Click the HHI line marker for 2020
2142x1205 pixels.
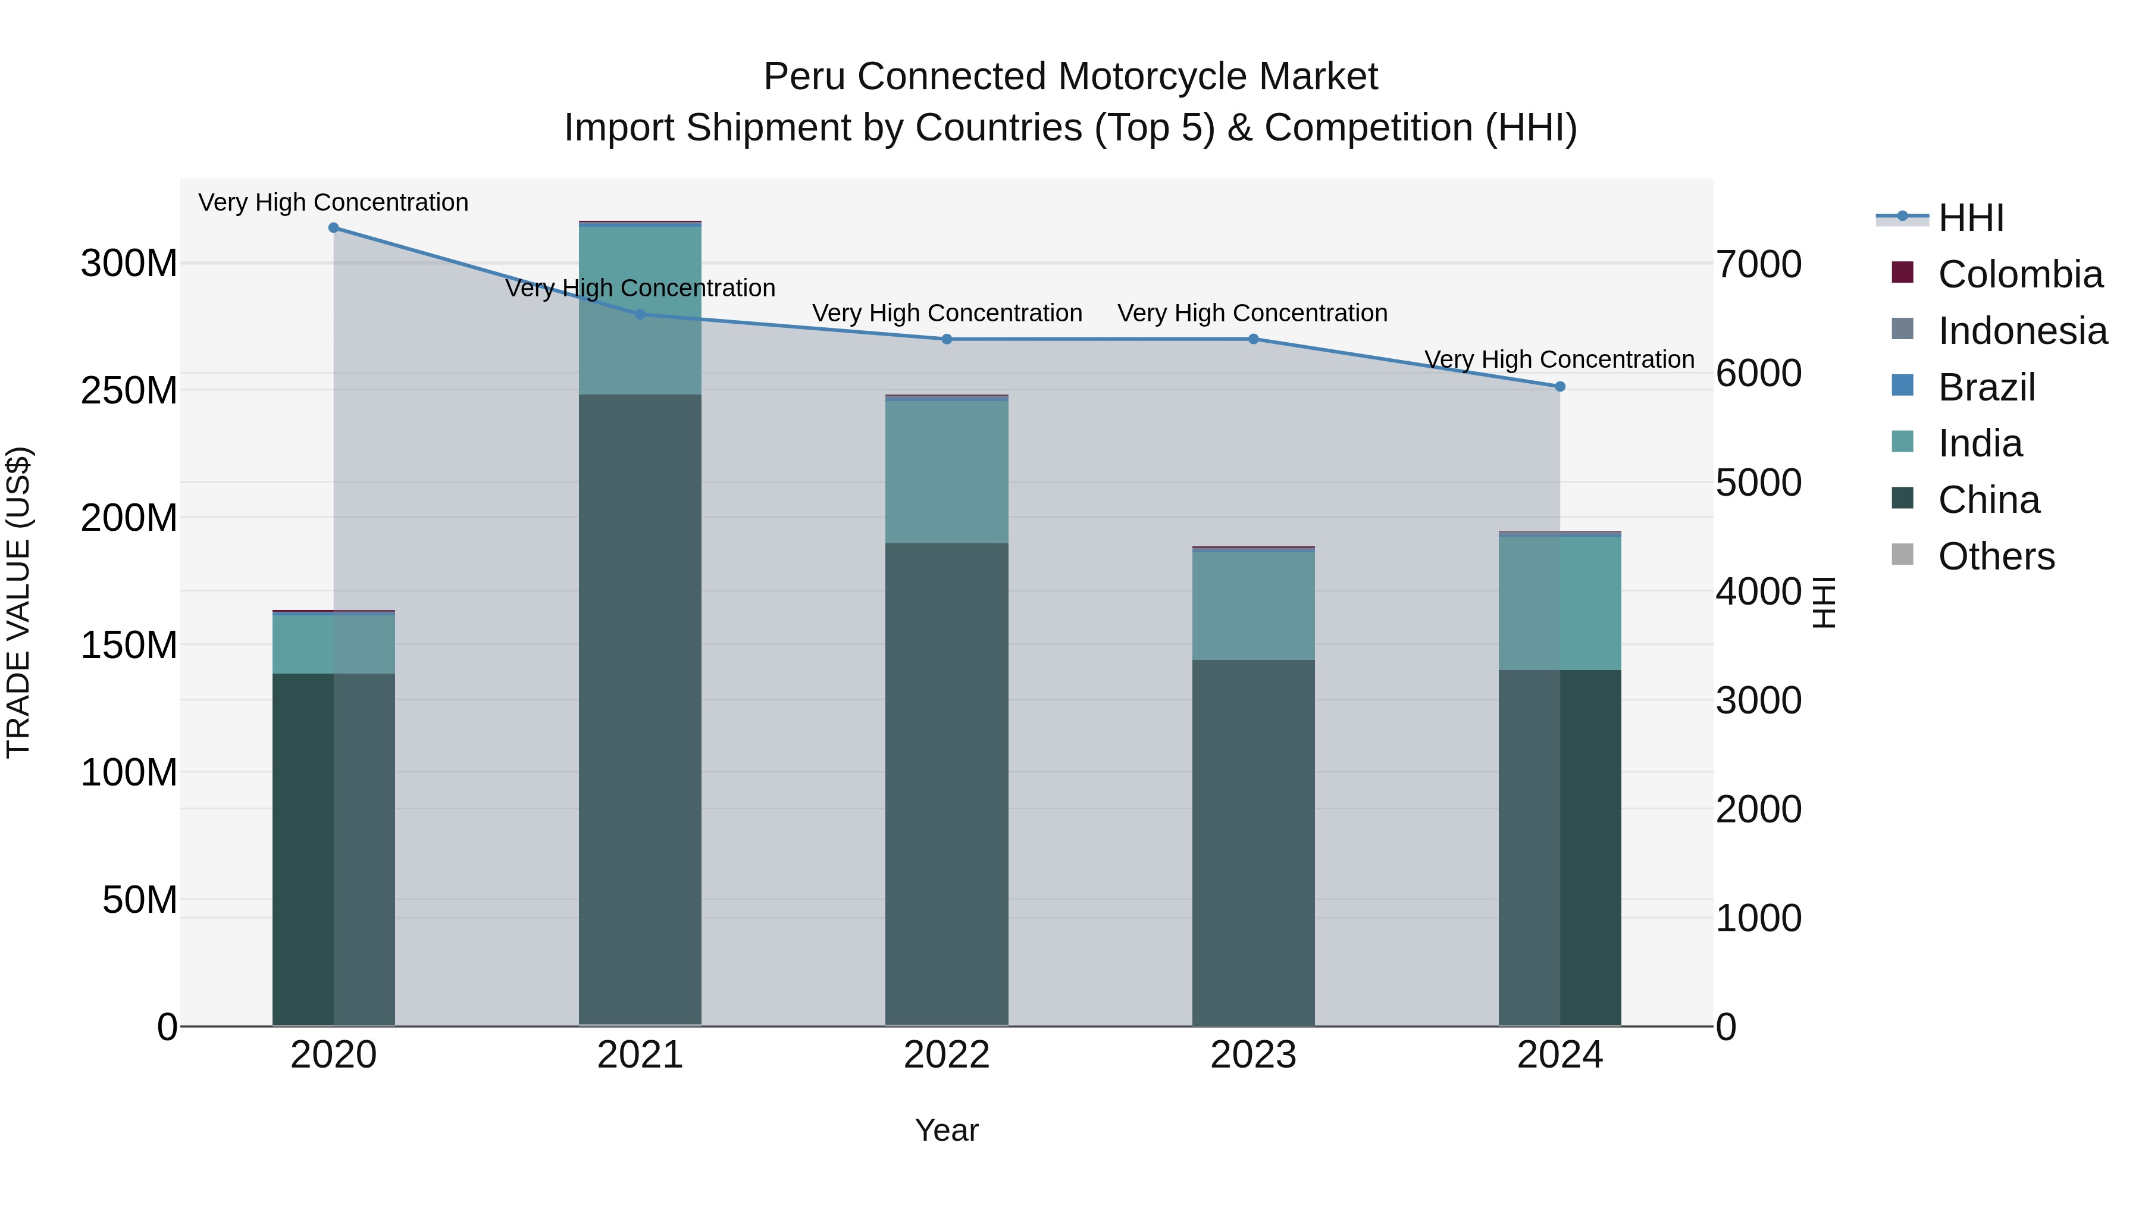[x=333, y=228]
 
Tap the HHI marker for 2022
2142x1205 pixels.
[x=946, y=339]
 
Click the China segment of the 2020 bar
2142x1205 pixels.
[x=333, y=848]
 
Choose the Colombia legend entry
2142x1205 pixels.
[x=2020, y=274]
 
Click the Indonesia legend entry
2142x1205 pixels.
[x=2022, y=331]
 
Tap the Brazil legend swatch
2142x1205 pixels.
[x=1903, y=386]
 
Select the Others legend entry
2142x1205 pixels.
[x=1996, y=556]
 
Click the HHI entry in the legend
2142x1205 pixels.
[x=1971, y=218]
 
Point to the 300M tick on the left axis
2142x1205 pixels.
[x=129, y=264]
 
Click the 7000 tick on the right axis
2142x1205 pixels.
[x=1759, y=264]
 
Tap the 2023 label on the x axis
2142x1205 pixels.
[x=1253, y=1055]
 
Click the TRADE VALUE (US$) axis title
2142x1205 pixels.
[x=18, y=602]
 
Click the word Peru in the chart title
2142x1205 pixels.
[x=801, y=77]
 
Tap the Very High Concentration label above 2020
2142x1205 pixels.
[x=333, y=202]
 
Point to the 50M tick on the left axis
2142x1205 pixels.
[x=140, y=900]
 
